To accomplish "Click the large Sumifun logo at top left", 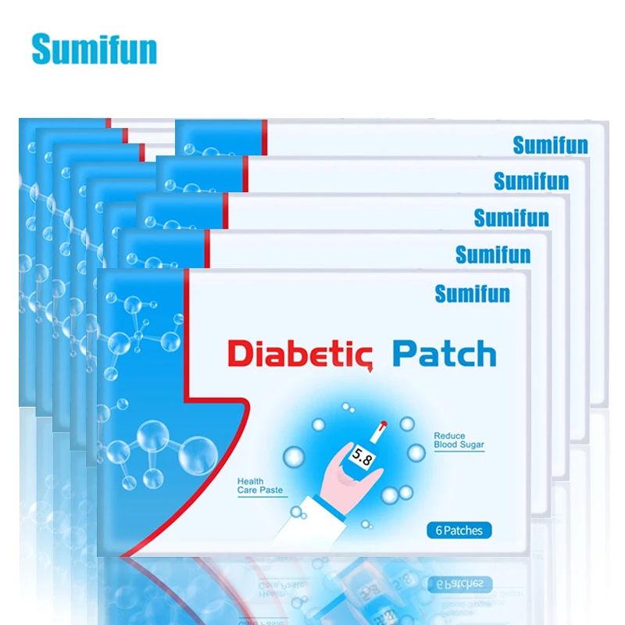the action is (x=94, y=48).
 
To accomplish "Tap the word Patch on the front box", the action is (x=444, y=353).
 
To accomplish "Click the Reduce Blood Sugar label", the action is (x=459, y=440).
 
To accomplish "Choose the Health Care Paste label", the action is (x=261, y=486).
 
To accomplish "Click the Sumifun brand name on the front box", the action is (x=472, y=294).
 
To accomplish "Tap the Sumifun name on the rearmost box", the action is (x=550, y=145).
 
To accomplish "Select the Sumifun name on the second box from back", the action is (x=530, y=181).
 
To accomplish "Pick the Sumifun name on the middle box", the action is (x=511, y=218).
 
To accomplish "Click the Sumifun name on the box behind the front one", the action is (x=492, y=255).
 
